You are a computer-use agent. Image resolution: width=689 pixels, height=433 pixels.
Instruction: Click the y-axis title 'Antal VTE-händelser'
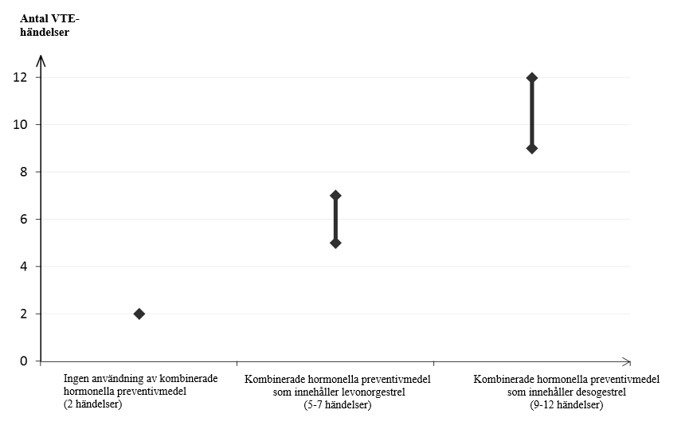[49, 25]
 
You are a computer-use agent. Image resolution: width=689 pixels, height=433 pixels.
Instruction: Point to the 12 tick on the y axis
[20, 77]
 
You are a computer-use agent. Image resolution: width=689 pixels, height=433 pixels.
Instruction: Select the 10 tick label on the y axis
[20, 125]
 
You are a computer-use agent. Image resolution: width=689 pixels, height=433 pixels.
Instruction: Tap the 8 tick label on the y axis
[24, 172]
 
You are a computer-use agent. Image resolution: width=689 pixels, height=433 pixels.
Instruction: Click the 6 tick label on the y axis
[24, 219]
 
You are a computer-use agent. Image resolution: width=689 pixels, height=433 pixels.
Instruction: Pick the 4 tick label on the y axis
[24, 267]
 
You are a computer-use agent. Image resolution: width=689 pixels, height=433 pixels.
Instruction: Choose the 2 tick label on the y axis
[24, 314]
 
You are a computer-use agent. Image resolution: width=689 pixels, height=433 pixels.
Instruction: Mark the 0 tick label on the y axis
[24, 361]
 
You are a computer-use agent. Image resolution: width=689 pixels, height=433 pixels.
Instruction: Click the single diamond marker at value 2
[139, 314]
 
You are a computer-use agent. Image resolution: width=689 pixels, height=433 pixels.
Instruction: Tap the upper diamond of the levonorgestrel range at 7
[335, 196]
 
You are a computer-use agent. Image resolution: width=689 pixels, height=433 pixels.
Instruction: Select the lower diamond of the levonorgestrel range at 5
[335, 244]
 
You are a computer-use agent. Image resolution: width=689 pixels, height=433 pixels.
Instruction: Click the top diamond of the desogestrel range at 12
[532, 78]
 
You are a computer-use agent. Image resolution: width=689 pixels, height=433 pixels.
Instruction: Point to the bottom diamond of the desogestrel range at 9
[532, 149]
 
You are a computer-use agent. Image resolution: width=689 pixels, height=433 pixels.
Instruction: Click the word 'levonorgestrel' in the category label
[374, 392]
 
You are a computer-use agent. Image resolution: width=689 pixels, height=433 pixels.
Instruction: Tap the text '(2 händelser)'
[92, 404]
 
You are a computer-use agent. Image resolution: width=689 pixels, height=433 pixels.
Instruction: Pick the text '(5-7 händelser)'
[338, 404]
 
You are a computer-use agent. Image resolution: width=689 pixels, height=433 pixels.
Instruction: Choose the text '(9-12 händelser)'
[566, 404]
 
